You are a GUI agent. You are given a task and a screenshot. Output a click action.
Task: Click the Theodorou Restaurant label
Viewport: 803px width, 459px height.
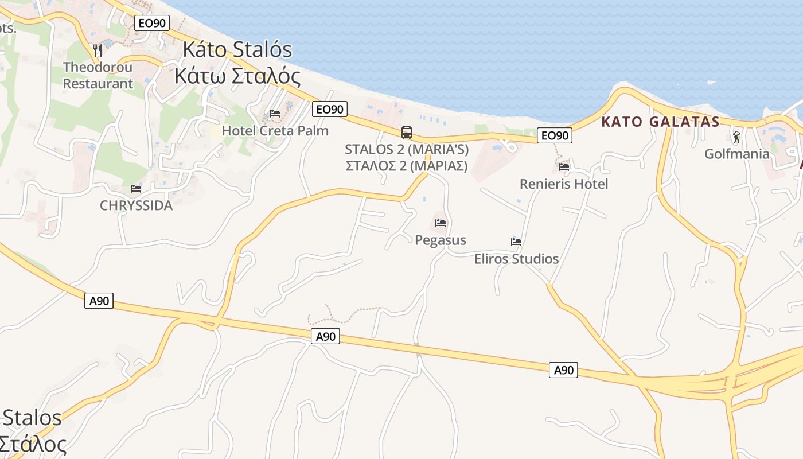[98, 75]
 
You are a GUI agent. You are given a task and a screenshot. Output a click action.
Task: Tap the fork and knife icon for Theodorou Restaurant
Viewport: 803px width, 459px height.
[98, 50]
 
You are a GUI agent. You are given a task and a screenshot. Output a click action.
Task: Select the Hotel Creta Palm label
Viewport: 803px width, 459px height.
[275, 131]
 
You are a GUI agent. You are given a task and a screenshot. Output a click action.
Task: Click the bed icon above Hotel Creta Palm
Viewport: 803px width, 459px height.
[275, 114]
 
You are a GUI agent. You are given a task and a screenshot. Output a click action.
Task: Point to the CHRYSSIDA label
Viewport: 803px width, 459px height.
[136, 205]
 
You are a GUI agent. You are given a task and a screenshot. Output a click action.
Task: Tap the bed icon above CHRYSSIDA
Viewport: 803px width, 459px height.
[136, 188]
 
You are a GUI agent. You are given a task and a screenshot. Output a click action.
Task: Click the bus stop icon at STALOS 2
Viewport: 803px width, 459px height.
[407, 133]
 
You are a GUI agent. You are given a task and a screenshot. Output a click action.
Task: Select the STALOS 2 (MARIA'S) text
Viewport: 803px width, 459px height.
[407, 150]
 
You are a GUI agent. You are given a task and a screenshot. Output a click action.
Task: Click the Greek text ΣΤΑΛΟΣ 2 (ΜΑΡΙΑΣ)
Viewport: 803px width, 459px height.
[407, 166]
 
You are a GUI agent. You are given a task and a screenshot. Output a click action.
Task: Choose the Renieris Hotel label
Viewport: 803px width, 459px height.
[564, 184]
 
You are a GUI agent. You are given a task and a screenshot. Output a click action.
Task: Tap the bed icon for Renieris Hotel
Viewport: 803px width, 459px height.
[564, 167]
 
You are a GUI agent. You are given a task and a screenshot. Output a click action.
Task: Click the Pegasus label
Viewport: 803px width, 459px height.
[441, 240]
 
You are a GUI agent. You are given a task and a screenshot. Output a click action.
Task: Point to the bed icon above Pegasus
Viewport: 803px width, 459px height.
[441, 223]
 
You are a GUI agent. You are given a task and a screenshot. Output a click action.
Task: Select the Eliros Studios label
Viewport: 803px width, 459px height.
[516, 259]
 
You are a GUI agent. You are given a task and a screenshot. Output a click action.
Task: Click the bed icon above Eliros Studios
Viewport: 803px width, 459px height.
[516, 242]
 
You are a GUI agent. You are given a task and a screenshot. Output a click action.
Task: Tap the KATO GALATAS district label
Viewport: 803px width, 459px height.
[660, 122]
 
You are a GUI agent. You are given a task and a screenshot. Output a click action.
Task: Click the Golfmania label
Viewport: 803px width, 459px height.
[737, 154]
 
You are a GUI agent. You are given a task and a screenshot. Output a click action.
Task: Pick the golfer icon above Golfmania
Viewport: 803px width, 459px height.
[737, 137]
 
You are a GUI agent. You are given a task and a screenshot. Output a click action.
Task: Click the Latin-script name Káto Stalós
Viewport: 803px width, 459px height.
[237, 49]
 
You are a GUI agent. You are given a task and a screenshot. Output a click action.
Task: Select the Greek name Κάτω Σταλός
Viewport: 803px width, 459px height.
[237, 76]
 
